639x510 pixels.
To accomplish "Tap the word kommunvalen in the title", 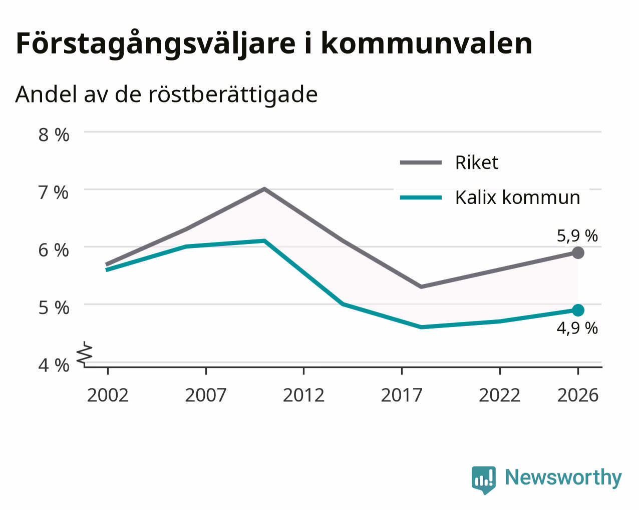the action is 427,43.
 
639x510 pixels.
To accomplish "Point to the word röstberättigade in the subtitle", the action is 233,94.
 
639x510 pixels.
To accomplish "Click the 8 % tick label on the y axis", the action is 54,135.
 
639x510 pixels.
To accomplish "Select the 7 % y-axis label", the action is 54,192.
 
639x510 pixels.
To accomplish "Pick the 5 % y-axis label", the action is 54,307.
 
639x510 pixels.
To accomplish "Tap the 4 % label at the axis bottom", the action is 54,365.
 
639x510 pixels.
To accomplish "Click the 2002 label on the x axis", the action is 108,395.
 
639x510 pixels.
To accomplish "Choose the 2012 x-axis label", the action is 303,395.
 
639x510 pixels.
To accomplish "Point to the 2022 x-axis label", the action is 499,395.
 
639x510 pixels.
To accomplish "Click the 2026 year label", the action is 577,395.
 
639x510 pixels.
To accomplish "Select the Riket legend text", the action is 477,162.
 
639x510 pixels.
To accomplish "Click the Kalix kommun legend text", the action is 517,197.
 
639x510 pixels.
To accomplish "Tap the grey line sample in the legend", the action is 421,162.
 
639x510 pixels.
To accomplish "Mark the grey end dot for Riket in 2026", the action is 578,252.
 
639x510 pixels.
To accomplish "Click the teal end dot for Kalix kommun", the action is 578,310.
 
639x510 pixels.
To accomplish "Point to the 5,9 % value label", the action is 577,236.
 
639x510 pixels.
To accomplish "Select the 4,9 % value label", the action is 577,328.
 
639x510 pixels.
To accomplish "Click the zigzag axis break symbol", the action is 85,353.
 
